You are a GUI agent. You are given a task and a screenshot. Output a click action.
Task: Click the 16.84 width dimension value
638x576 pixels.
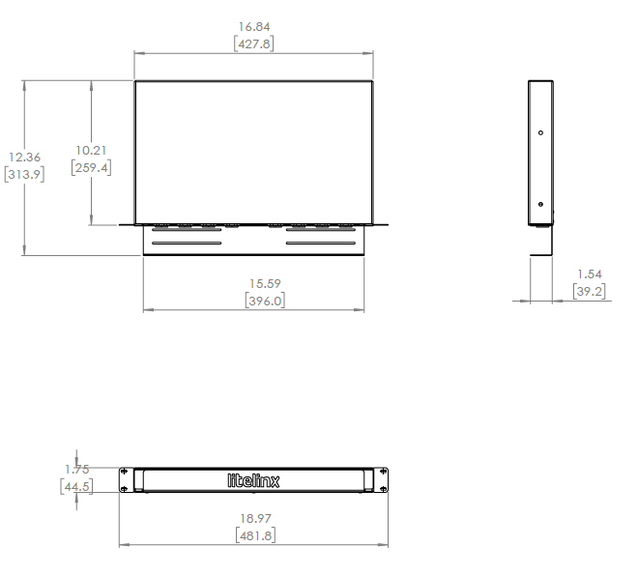click(x=253, y=26)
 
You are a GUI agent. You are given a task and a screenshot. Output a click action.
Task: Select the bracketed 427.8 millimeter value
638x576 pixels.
click(x=253, y=43)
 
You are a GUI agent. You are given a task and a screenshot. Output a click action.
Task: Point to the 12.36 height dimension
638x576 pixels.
click(x=23, y=158)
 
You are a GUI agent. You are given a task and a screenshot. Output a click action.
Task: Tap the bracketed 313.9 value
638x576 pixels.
click(x=23, y=175)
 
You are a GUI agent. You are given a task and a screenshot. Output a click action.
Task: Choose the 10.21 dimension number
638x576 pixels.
click(x=91, y=150)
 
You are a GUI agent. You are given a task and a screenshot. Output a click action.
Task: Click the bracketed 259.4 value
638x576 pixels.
click(x=91, y=167)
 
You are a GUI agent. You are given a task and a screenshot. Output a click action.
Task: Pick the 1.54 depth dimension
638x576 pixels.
click(x=589, y=274)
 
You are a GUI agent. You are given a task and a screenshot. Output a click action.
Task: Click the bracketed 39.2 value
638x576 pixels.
click(x=589, y=292)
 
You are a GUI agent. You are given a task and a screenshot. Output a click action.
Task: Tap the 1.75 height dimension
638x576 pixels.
click(x=76, y=470)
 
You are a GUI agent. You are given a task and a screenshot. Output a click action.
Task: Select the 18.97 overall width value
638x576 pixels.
click(x=256, y=518)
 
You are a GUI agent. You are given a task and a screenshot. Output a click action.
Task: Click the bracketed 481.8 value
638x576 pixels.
click(x=256, y=535)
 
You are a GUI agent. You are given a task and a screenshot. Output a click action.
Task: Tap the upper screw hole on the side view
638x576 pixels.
click(x=540, y=133)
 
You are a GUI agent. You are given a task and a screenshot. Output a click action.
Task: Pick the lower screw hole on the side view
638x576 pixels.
click(x=540, y=204)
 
